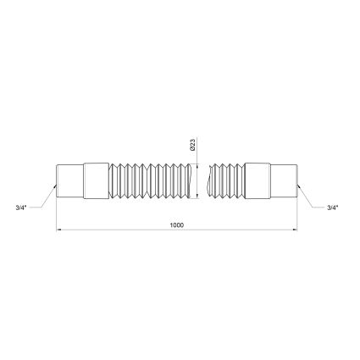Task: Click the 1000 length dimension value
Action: (x=176, y=225)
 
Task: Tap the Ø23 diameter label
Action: (x=193, y=144)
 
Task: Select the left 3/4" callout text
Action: (x=21, y=208)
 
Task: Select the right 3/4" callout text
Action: (x=333, y=208)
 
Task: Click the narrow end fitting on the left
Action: (x=70, y=180)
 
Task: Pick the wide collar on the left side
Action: (x=96, y=180)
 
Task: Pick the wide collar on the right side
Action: (x=258, y=180)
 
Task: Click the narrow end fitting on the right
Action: (x=284, y=180)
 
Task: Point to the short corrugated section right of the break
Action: (x=226, y=180)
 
